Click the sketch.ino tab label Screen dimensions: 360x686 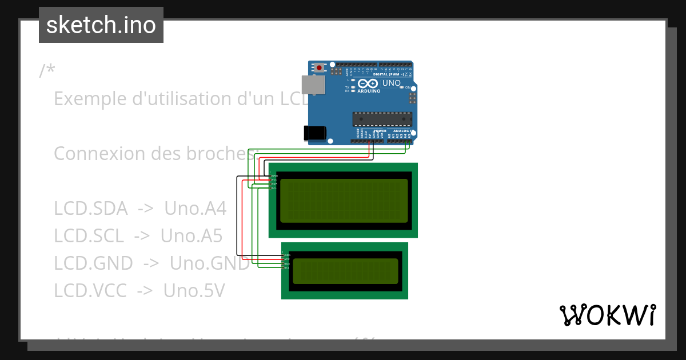[101, 25]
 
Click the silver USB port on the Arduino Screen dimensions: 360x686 [313, 85]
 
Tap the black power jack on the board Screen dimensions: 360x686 [314, 133]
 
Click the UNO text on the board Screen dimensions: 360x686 [392, 83]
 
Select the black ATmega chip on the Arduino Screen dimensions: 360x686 [382, 119]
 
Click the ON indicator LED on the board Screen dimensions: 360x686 [402, 87]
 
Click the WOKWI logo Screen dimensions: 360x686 [607, 315]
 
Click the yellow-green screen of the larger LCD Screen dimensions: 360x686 [344, 201]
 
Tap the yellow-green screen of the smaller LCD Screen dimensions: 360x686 [345, 271]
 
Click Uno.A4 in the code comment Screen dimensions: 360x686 [195, 209]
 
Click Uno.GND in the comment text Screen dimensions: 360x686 [210, 263]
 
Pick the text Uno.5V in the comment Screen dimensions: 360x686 [194, 291]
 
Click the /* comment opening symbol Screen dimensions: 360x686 [47, 71]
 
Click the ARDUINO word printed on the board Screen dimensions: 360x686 [369, 91]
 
